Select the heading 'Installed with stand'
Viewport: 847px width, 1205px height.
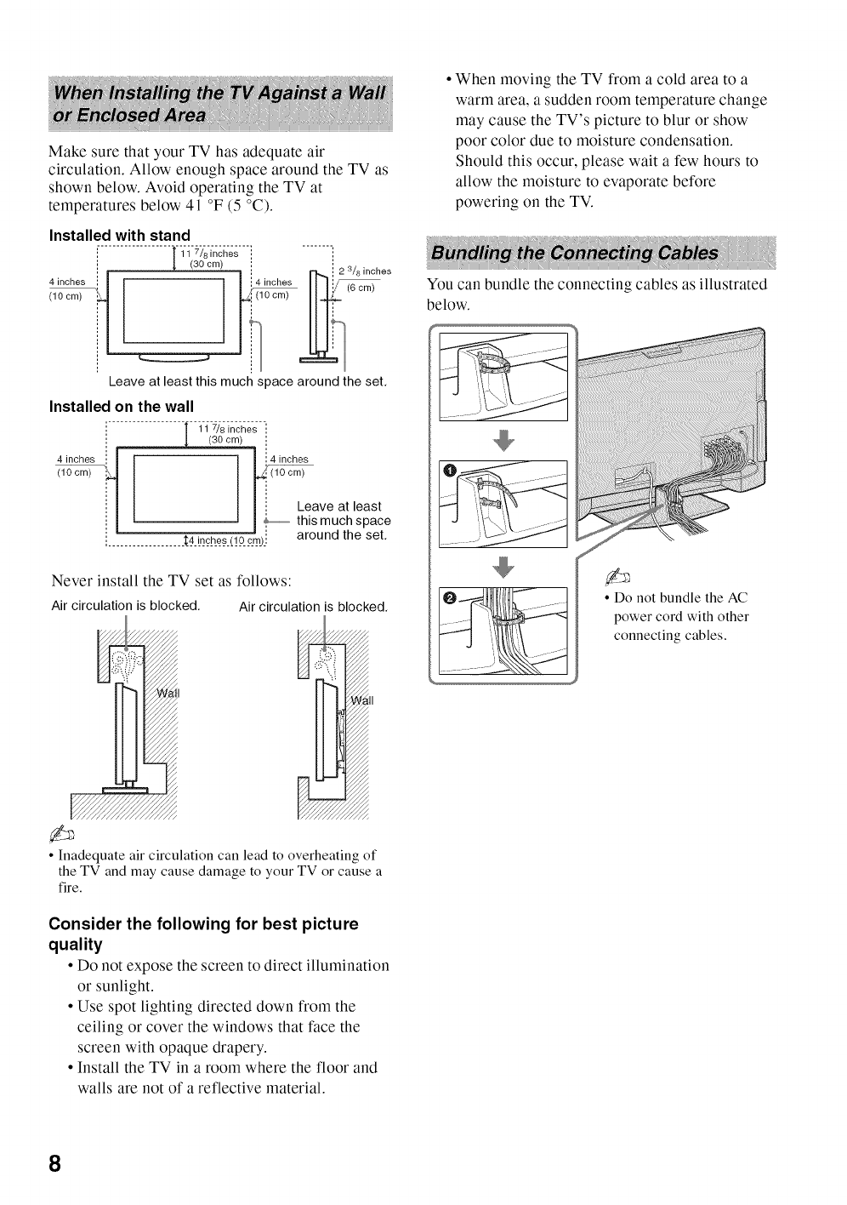(119, 235)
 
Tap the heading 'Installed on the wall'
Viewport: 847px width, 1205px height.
(122, 406)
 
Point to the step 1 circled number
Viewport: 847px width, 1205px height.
(451, 471)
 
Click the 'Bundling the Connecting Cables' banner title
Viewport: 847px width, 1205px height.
(575, 253)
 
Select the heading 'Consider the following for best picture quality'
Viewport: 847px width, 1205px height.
(204, 934)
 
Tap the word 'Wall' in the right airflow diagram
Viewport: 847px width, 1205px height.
(362, 701)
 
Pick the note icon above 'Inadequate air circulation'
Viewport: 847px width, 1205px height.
(65, 831)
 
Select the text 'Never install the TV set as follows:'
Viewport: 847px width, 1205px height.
(172, 580)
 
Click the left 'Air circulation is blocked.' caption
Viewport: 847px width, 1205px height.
(125, 606)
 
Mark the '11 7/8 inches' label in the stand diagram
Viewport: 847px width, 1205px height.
(209, 254)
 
